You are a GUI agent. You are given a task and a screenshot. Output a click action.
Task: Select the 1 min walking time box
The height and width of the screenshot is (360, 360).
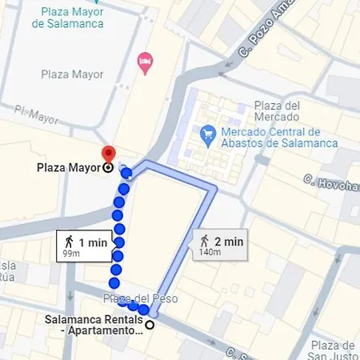(84, 246)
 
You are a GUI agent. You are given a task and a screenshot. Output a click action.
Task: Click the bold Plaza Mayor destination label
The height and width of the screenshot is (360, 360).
(69, 168)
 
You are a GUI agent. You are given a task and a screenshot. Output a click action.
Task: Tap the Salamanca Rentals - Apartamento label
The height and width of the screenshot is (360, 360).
(94, 326)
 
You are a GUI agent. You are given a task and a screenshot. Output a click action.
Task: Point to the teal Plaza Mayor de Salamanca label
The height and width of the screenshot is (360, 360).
(69, 18)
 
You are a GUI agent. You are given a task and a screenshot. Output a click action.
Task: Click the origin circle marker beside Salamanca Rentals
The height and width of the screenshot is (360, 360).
(150, 325)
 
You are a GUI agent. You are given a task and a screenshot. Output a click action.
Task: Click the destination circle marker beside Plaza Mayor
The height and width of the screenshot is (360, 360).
(109, 168)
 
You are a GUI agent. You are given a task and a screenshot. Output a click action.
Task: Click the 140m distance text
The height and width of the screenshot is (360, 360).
(210, 253)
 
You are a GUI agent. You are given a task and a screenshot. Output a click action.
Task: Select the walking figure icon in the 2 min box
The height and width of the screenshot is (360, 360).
(206, 240)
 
